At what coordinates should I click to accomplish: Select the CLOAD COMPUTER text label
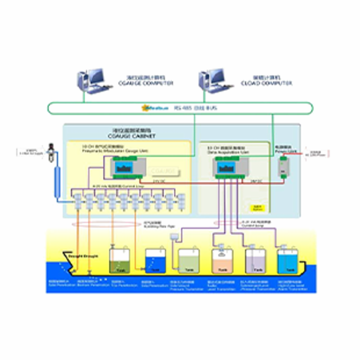click(x=266, y=83)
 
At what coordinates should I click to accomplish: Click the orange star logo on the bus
click(x=144, y=108)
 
